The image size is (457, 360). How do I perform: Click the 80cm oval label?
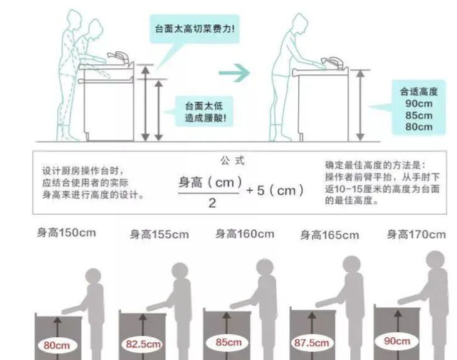(57, 346)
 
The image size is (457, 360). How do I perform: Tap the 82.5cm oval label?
(143, 344)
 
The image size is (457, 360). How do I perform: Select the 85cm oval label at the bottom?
(228, 342)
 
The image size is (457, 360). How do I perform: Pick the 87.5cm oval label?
(312, 343)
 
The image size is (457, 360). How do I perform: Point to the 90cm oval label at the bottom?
(397, 341)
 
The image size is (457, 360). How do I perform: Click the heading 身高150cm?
(66, 233)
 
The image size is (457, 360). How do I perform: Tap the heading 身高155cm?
(159, 235)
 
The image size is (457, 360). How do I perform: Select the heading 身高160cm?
(245, 234)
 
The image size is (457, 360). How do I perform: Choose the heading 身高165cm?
(330, 235)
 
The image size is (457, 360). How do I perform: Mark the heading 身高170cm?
(416, 235)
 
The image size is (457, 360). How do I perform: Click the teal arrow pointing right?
(234, 73)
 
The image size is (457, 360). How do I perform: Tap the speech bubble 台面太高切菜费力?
(194, 29)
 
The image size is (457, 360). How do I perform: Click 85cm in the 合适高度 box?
(419, 115)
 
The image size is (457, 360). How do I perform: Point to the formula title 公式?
(233, 161)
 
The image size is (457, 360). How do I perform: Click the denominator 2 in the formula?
(212, 203)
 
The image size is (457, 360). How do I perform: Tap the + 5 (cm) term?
(275, 190)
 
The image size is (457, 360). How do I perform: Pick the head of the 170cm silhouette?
(435, 260)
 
